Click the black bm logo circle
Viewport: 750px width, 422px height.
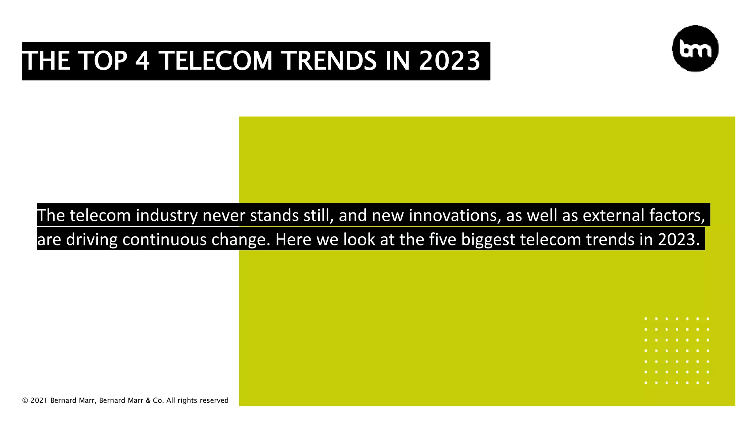coord(695,48)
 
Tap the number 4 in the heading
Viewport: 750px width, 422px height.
coord(142,61)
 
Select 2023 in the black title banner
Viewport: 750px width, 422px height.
coord(449,61)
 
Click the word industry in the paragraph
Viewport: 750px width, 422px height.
coord(167,215)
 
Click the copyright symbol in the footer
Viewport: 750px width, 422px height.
coord(25,401)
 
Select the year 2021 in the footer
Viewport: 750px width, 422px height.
coord(39,401)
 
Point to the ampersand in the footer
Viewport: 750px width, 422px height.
coord(148,401)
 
